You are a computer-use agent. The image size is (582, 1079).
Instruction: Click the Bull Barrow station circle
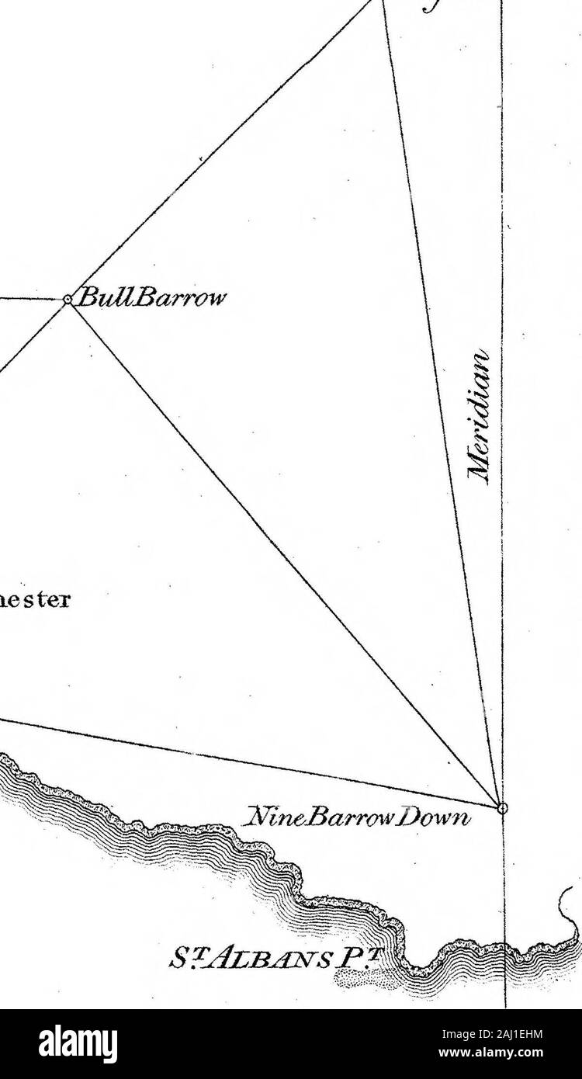(x=68, y=299)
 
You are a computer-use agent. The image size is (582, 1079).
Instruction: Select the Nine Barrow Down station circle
(x=502, y=808)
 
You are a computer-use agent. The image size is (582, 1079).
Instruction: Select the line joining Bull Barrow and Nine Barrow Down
(x=287, y=555)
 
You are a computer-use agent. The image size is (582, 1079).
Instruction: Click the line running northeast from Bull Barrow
(x=225, y=147)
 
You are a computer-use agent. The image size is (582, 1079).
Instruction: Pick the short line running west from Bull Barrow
(x=31, y=298)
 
